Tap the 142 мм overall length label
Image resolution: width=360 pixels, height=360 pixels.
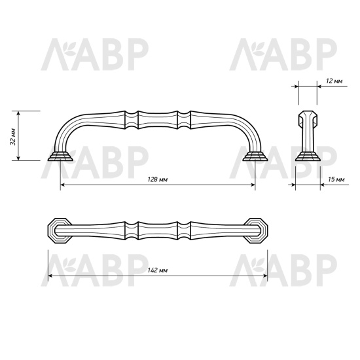tap(158, 270)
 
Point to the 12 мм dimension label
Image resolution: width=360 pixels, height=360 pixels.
tap(333, 81)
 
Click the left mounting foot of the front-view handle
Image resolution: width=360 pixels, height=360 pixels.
tap(61, 156)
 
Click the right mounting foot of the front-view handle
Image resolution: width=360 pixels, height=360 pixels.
tap(255, 156)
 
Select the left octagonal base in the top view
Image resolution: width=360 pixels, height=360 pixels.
tap(59, 230)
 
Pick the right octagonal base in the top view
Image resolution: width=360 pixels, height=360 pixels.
tap(257, 230)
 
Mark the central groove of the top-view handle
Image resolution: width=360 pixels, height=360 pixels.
tap(158, 230)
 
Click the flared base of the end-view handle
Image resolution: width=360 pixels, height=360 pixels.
tap(308, 156)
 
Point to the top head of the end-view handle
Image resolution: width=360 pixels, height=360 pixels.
tap(308, 118)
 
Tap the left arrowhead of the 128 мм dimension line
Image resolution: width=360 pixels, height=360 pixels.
tap(63, 186)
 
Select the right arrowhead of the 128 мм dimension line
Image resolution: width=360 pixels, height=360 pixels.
tap(253, 186)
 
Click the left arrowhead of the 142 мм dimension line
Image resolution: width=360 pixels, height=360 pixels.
tap(50, 276)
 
